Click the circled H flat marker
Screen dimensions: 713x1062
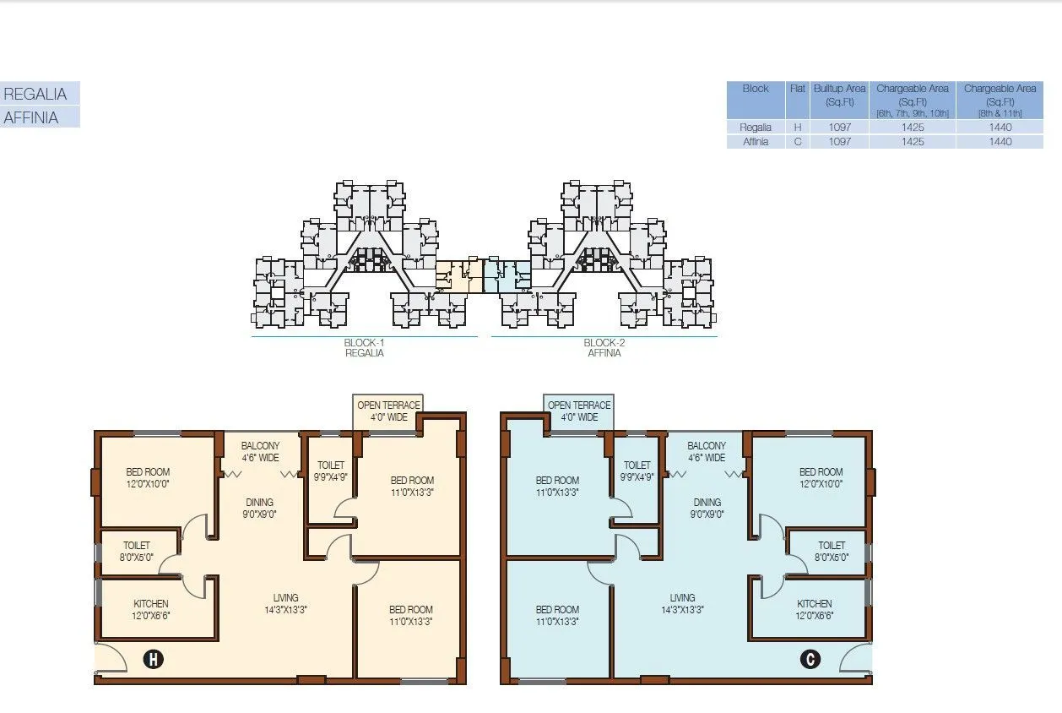[x=153, y=660]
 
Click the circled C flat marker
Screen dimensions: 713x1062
[x=810, y=659]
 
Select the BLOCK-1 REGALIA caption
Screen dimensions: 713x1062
[x=364, y=348]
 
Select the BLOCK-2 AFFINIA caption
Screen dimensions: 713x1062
[x=604, y=348]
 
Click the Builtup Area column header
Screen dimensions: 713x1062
[x=839, y=95]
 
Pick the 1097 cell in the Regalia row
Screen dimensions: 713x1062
[x=839, y=128]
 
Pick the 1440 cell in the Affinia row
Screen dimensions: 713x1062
[x=1000, y=142]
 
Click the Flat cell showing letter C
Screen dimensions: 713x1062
[x=797, y=142]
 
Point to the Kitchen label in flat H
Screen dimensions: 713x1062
[x=151, y=610]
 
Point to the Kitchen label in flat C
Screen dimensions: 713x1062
[x=814, y=610]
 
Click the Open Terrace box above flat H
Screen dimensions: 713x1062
[x=388, y=411]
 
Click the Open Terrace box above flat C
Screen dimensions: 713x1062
[x=578, y=411]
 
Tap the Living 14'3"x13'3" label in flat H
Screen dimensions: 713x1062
[x=285, y=604]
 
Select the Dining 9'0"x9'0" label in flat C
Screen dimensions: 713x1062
[x=707, y=508]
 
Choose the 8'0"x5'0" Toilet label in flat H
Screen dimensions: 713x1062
[x=136, y=551]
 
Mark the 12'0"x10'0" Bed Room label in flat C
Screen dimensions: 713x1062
[x=821, y=478]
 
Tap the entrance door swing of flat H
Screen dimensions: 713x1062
[x=111, y=658]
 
